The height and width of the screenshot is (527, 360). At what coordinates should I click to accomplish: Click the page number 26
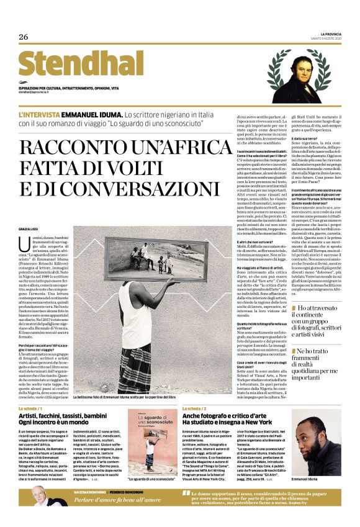pos(24,37)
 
